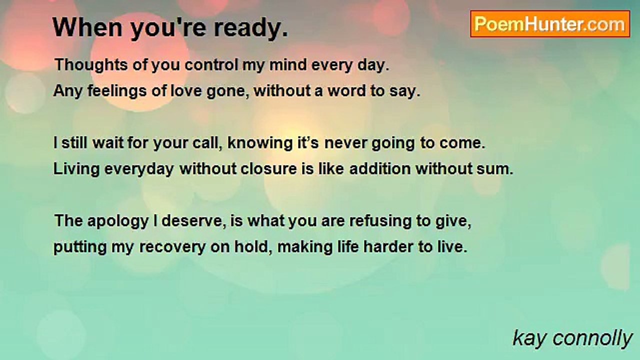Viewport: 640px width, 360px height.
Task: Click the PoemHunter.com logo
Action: tap(550, 24)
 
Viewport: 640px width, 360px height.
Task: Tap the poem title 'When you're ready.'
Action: tap(170, 28)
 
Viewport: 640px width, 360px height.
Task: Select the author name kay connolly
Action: tap(572, 338)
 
